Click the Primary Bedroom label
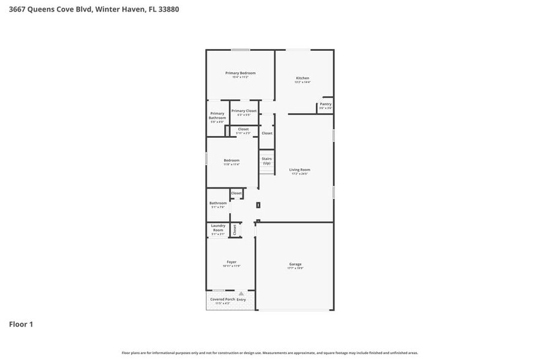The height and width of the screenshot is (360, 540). coord(241,73)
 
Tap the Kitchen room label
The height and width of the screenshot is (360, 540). coord(302,78)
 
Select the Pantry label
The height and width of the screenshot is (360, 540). coord(326,104)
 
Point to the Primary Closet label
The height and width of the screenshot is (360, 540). coord(244,111)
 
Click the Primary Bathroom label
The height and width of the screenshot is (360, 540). coord(217,116)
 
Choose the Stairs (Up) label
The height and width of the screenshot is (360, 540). coord(266,161)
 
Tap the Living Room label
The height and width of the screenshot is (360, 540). coord(300,170)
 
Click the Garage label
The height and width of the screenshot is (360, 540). coord(295,264)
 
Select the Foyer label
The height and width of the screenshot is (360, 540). coord(231,262)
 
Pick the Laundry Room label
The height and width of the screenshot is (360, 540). coord(218,228)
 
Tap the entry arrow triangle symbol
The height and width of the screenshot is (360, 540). coord(241,294)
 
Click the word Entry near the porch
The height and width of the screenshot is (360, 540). coord(241,299)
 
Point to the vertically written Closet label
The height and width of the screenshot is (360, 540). coord(234,230)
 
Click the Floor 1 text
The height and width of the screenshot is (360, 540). coord(21,324)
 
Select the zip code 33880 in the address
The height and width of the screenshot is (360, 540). coord(168,10)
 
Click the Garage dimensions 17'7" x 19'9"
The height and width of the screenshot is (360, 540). coord(295,268)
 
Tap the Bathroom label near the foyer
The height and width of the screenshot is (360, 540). coord(218,203)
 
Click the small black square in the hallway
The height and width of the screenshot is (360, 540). coord(258,205)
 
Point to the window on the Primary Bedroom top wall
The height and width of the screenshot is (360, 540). coord(240,50)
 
